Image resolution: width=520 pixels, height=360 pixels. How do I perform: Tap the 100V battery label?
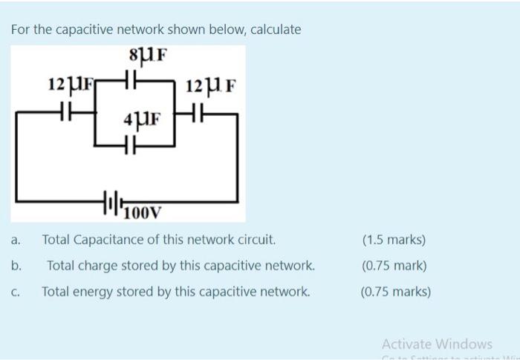click(142, 215)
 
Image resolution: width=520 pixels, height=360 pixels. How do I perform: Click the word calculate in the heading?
click(276, 30)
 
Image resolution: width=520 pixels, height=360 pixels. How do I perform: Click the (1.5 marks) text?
click(394, 240)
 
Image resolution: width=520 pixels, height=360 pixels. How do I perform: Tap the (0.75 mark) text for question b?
click(394, 266)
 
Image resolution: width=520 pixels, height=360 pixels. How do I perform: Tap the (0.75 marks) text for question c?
click(395, 292)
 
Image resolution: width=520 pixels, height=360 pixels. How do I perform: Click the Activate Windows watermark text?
click(437, 344)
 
